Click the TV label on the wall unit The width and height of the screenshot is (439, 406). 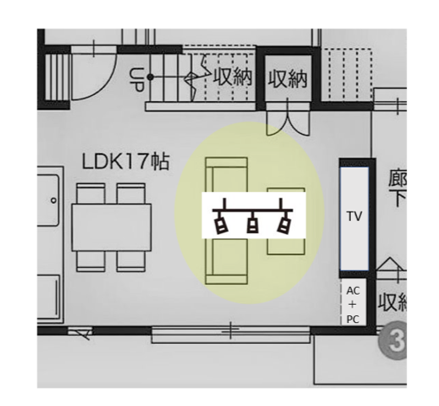[354, 216]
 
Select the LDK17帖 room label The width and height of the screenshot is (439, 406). [125, 162]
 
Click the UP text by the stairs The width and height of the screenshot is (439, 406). [137, 79]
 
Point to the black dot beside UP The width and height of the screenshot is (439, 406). [150, 77]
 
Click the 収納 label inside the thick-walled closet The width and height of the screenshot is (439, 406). [288, 79]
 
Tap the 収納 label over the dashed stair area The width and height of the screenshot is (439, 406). [232, 77]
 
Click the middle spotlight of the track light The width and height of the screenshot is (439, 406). [252, 223]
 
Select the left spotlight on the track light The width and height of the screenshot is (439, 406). [221, 224]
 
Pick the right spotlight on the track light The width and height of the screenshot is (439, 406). [284, 224]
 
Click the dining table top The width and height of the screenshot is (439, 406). [111, 227]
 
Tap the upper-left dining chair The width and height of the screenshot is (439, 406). [91, 193]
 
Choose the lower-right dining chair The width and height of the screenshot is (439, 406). [130, 261]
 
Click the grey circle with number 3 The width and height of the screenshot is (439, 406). [393, 341]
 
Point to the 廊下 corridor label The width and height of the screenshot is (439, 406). [398, 188]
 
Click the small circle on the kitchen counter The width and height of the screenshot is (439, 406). [54, 200]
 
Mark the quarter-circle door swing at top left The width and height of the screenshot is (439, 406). [105, 84]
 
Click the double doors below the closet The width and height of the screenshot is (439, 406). [288, 121]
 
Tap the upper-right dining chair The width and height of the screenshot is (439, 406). [130, 193]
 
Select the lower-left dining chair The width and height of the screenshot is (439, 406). [91, 261]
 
